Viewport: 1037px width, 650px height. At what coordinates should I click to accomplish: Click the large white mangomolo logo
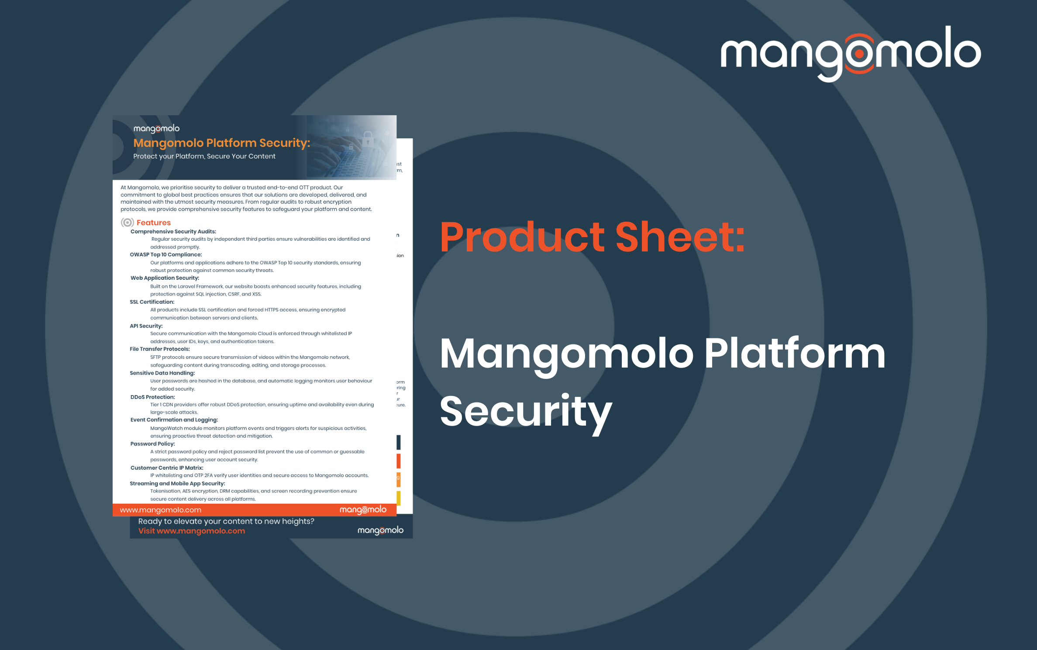point(850,53)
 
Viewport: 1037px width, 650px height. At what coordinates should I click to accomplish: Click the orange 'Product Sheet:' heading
point(592,237)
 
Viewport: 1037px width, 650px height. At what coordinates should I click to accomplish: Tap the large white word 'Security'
point(526,411)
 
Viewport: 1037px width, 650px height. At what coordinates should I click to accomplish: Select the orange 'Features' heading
point(153,223)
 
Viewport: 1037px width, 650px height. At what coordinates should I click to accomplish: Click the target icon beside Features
point(127,223)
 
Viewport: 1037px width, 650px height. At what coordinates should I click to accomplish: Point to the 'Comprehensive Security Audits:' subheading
point(173,231)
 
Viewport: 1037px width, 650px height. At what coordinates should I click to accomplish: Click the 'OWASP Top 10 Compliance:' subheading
point(165,254)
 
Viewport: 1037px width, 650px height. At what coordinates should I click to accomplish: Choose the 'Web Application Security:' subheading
point(165,278)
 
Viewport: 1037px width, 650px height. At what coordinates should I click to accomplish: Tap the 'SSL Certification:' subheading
point(152,302)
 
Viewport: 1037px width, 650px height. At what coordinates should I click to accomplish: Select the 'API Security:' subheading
point(146,326)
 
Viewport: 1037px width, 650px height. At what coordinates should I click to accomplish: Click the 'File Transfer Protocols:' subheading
point(159,349)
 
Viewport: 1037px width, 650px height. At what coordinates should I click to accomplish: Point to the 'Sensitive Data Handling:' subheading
point(162,373)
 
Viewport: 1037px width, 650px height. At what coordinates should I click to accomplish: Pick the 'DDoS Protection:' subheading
point(152,397)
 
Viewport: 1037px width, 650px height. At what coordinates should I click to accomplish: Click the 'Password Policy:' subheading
point(152,444)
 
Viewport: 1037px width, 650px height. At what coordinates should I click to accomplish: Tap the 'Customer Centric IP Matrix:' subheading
point(166,468)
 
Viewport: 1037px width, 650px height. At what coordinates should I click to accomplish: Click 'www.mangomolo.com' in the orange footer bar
point(160,510)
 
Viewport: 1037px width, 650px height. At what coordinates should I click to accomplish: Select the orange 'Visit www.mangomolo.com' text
point(191,531)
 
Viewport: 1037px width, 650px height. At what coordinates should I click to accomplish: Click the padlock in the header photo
point(368,138)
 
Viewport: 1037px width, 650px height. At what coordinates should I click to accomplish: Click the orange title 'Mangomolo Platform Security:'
point(221,143)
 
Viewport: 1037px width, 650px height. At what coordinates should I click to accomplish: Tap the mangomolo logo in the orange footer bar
point(363,510)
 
